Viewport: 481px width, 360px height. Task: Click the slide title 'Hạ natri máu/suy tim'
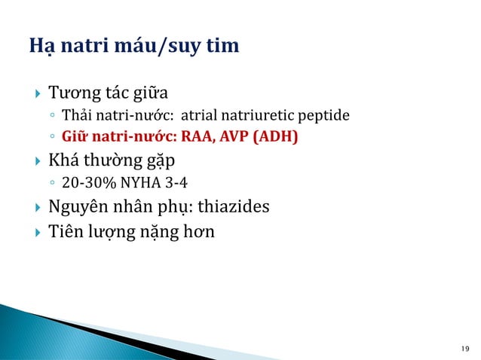click(133, 47)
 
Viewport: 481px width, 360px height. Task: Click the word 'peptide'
click(327, 117)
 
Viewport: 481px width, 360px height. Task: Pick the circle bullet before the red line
click(51, 138)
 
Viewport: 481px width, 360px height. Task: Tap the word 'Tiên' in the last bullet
click(65, 231)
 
